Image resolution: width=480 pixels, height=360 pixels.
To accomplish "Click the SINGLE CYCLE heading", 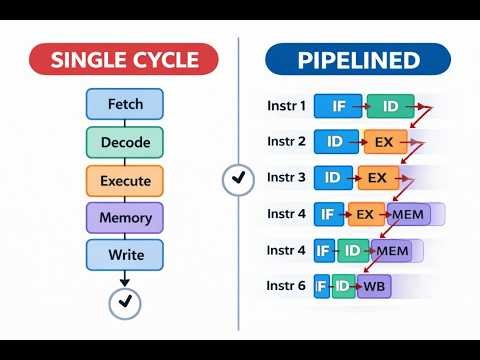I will coord(125,60).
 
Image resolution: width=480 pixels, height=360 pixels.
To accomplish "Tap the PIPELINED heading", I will coord(358,60).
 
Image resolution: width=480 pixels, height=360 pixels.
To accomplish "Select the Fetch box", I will coord(125,103).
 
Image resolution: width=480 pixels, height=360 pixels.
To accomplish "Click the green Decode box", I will coord(125,142).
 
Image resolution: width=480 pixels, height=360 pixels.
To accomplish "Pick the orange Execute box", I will coord(125,181).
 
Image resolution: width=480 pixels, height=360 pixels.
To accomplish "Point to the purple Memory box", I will coord(125,218).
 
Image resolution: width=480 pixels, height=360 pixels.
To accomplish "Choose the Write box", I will coord(125,255).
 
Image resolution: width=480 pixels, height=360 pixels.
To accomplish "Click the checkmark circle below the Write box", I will coord(125,301).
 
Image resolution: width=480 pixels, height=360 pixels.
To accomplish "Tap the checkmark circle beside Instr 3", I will coord(237,179).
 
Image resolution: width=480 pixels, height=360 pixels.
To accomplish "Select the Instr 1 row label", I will coord(288,105).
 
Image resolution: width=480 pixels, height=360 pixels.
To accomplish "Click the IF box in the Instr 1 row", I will coord(338,106).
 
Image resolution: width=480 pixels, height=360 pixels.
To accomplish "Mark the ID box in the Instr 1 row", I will coord(389,106).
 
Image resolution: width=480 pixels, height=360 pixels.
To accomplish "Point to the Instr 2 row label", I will coord(288,141).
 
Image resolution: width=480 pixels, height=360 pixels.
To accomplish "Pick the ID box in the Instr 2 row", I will coord(337,142).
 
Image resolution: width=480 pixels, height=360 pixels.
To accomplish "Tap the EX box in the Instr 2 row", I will coord(384,142).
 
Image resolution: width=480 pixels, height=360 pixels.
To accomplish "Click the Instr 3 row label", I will coord(288,178).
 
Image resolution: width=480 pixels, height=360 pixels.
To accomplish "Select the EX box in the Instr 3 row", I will coord(377,178).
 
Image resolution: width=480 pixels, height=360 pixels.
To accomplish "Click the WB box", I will coord(373,286).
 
